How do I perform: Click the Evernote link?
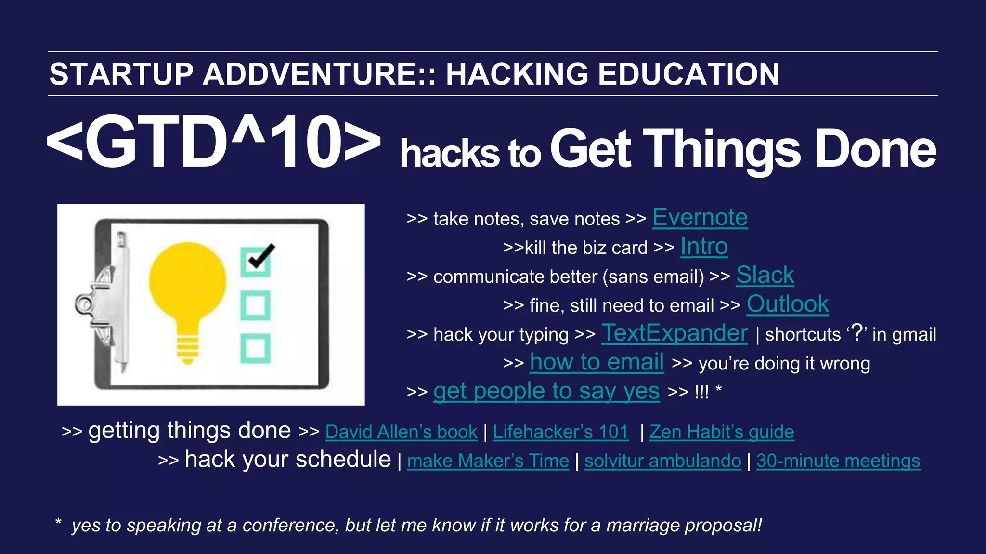coord(700,218)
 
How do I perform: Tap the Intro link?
coord(703,247)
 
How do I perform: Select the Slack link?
coord(765,276)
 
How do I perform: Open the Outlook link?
coord(788,304)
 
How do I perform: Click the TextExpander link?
coord(675,333)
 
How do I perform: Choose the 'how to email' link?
coord(597,362)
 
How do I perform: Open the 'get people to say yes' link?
coord(546,391)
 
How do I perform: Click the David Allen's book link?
coord(401,432)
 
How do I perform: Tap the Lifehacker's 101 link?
coord(560,432)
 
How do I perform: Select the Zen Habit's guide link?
coord(722,432)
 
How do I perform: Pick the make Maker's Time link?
coord(488,461)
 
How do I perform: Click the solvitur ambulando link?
coord(662,461)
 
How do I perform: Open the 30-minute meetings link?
coord(838,461)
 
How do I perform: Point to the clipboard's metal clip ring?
coord(84,304)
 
